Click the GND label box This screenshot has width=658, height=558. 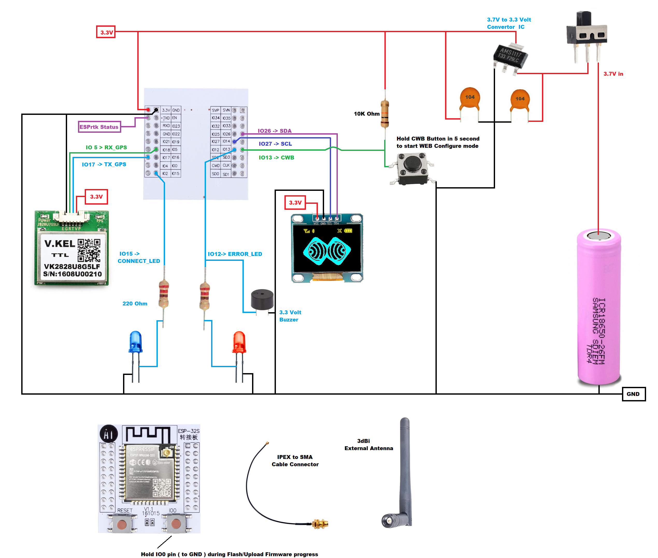coord(633,394)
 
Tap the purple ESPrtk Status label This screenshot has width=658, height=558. coord(99,127)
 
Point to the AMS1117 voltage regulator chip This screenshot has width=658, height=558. coord(510,56)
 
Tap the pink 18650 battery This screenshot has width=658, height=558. coord(599,307)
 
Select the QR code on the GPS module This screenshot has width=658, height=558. coord(89,250)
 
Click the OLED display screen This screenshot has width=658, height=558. coord(327,248)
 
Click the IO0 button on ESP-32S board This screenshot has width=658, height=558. coord(176,524)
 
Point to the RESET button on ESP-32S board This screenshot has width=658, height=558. coord(122,524)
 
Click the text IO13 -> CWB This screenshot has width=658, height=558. coord(276,158)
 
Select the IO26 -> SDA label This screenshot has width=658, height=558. coord(274,131)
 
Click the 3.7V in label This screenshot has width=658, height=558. coord(613,74)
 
